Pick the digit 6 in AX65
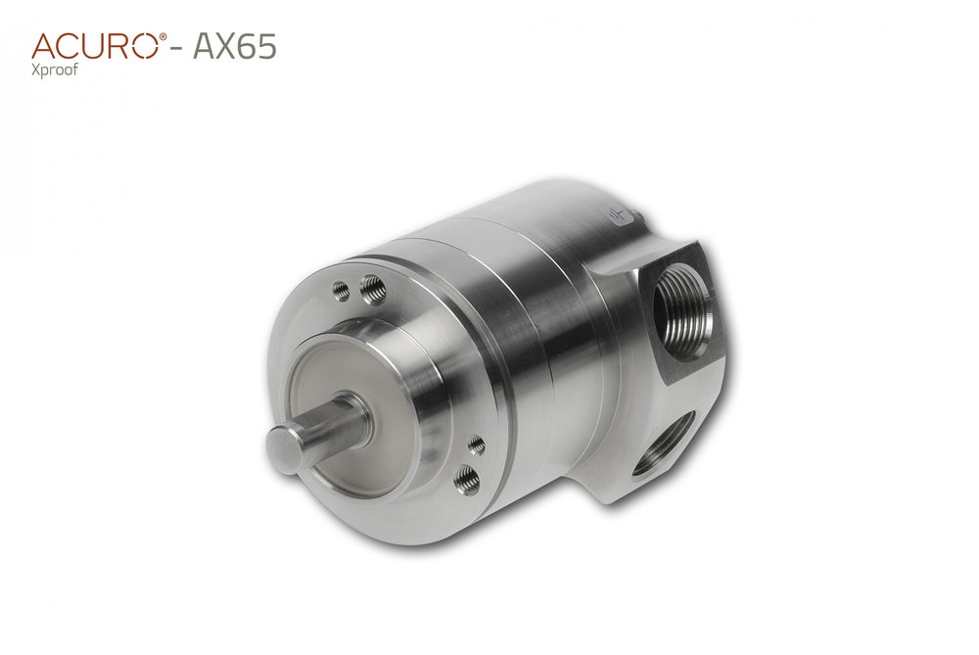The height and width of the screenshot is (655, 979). tap(245, 46)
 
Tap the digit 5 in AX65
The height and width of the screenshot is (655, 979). tap(265, 46)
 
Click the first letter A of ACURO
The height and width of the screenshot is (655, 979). tap(44, 45)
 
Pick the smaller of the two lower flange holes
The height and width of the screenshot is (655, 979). tap(477, 446)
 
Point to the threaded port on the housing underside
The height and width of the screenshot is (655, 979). tap(665, 443)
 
